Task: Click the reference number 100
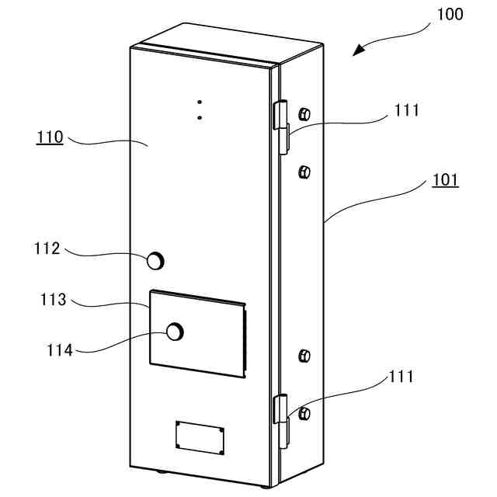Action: tap(450, 14)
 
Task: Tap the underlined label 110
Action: tap(50, 138)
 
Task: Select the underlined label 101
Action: tap(445, 181)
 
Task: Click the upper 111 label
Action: tap(406, 110)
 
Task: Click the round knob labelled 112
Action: tap(156, 260)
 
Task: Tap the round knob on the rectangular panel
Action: tap(176, 332)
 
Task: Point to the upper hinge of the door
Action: tap(280, 124)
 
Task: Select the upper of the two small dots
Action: tap(200, 102)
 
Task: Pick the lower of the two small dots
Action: tap(200, 117)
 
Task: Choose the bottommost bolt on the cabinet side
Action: tap(304, 412)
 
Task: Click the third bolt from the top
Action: tap(304, 356)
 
